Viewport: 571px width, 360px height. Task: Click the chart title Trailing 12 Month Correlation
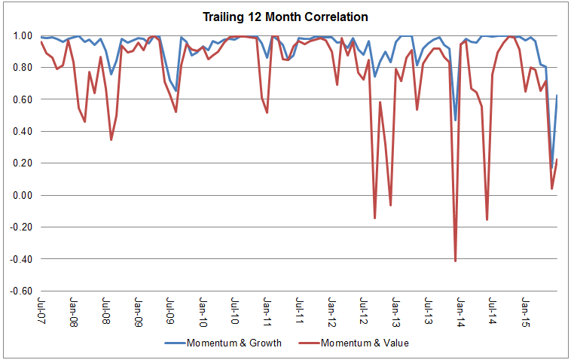pyautogui.click(x=285, y=16)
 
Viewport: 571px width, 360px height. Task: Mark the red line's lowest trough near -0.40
pyautogui.click(x=455, y=261)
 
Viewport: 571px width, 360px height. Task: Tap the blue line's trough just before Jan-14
pyautogui.click(x=455, y=120)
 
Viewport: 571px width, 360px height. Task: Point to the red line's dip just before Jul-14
pyautogui.click(x=487, y=219)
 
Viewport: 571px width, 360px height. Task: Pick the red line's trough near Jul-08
pyautogui.click(x=111, y=139)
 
